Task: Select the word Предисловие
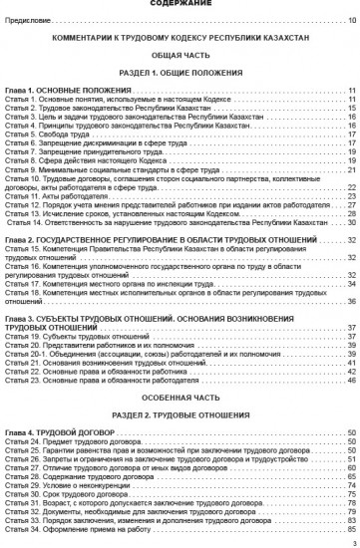pyautogui.click(x=29, y=20)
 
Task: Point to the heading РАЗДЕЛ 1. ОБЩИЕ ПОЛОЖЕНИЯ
pyautogui.click(x=180, y=75)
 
